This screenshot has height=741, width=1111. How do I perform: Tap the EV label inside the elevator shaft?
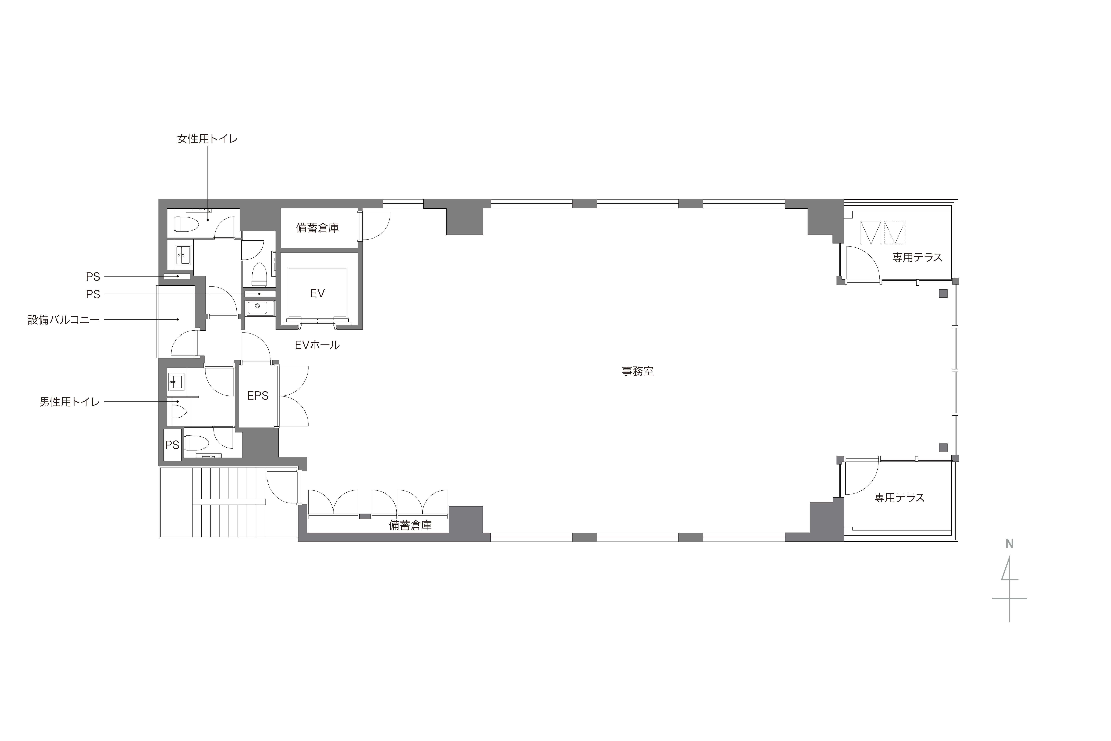pyautogui.click(x=317, y=293)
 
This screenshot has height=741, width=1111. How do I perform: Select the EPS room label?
pyautogui.click(x=258, y=395)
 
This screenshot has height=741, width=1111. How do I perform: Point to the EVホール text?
pyautogui.click(x=317, y=345)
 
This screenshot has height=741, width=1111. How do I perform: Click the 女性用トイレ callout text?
pyautogui.click(x=207, y=139)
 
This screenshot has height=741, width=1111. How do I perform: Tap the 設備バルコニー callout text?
pyautogui.click(x=64, y=320)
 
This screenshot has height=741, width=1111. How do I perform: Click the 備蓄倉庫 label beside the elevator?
pyautogui.click(x=317, y=228)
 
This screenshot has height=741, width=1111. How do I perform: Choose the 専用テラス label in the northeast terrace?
pyautogui.click(x=917, y=257)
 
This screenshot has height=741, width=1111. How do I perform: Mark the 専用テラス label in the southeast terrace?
pyautogui.click(x=899, y=498)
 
